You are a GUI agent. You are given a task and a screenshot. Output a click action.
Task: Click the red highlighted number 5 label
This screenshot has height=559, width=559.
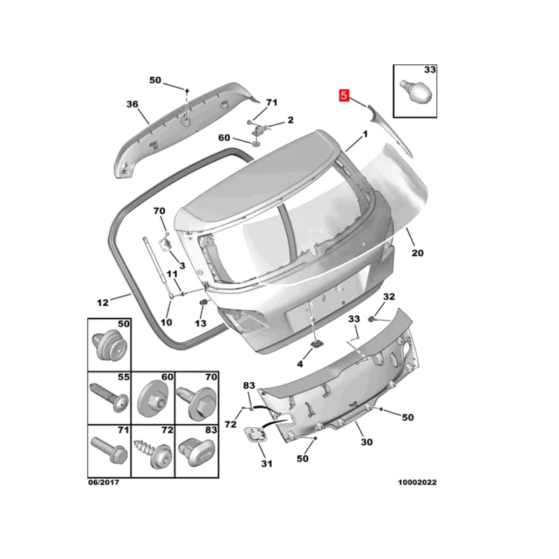coord(344,95)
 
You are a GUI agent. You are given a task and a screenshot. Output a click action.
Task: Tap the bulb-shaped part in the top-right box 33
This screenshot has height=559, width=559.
coord(416,91)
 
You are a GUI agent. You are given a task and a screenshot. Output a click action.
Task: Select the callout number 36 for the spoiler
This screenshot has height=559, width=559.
coord(132,104)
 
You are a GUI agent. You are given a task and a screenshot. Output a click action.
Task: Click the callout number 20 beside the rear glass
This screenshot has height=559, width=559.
coord(417,253)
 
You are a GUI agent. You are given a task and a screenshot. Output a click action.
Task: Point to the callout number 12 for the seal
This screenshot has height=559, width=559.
coord(103,303)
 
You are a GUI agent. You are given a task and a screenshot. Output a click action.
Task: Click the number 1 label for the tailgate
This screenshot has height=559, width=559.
coord(365,134)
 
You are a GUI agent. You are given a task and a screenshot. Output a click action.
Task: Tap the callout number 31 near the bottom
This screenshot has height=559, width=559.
coord(267,463)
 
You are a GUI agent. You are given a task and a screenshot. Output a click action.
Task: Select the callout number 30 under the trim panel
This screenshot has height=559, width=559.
coord(366,442)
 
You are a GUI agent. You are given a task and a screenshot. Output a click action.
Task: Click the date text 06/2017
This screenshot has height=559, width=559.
coord(103,482)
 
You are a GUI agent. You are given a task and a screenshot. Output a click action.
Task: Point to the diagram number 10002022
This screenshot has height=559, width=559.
coord(417,482)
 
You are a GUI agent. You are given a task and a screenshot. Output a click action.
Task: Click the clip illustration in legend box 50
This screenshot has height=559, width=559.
coord(110,345)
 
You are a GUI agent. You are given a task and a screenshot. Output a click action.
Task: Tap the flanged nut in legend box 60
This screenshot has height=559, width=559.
coord(153,400)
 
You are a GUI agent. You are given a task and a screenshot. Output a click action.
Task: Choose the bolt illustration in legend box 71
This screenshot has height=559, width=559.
coord(109,450)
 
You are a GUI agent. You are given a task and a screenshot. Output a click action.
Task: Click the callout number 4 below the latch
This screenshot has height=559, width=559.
coord(300,364)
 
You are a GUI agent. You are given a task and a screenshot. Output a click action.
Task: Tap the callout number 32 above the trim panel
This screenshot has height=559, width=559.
coord(389,296)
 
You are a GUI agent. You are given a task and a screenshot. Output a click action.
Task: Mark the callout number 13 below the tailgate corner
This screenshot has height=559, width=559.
coord(201,324)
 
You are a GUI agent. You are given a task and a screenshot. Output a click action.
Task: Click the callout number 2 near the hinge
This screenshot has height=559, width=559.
coord(291,119)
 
